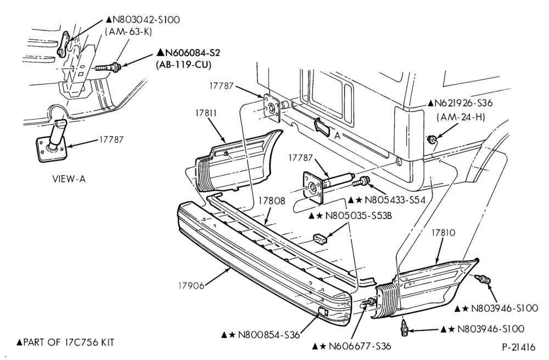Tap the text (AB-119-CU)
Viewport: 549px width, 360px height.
tap(183, 65)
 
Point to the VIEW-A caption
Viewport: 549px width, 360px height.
tap(69, 179)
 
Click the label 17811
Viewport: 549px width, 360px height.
tap(206, 114)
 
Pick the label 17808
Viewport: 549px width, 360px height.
tap(272, 201)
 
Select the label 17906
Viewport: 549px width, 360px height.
tap(191, 286)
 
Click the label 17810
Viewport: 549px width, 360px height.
tap(443, 233)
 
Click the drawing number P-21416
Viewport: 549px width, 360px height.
tap(519, 347)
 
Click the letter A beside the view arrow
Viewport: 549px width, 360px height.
tap(337, 136)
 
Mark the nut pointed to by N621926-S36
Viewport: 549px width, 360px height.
tap(432, 140)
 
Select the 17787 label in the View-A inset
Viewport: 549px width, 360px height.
tap(111, 139)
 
